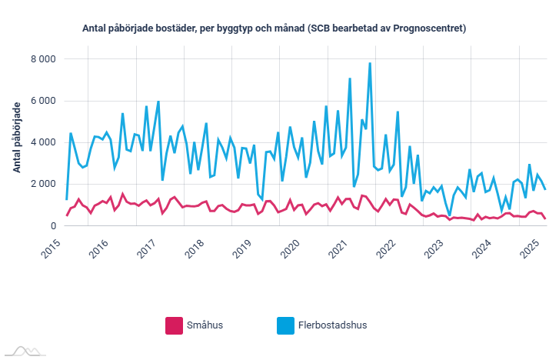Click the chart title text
click(274, 28)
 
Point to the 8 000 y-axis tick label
click(42, 59)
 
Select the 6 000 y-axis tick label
click(42, 101)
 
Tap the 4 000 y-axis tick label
click(42, 142)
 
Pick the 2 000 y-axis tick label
click(42, 184)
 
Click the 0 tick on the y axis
click(52, 225)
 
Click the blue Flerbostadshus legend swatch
click(285, 325)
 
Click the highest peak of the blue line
click(370, 63)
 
